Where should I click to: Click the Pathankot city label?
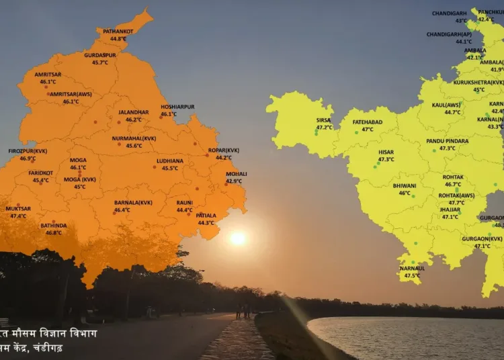118,31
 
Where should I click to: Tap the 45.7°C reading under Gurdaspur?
100,62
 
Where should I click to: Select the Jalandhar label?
133,112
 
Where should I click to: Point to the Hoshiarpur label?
177,107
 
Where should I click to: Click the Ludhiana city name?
169,161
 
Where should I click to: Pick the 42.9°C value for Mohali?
234,181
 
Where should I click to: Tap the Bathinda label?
53,226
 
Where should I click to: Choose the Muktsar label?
18,209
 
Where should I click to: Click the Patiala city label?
206,216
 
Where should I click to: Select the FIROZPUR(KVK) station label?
28,151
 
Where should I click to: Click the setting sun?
238,238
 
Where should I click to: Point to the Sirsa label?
324,120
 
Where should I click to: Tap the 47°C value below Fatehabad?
368,129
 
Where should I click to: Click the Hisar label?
386,152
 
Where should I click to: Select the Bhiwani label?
405,185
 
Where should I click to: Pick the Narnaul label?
412,268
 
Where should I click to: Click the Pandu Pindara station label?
448,141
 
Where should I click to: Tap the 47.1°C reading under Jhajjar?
450,216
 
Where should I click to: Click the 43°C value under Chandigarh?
461,21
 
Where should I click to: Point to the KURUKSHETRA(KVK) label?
478,82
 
